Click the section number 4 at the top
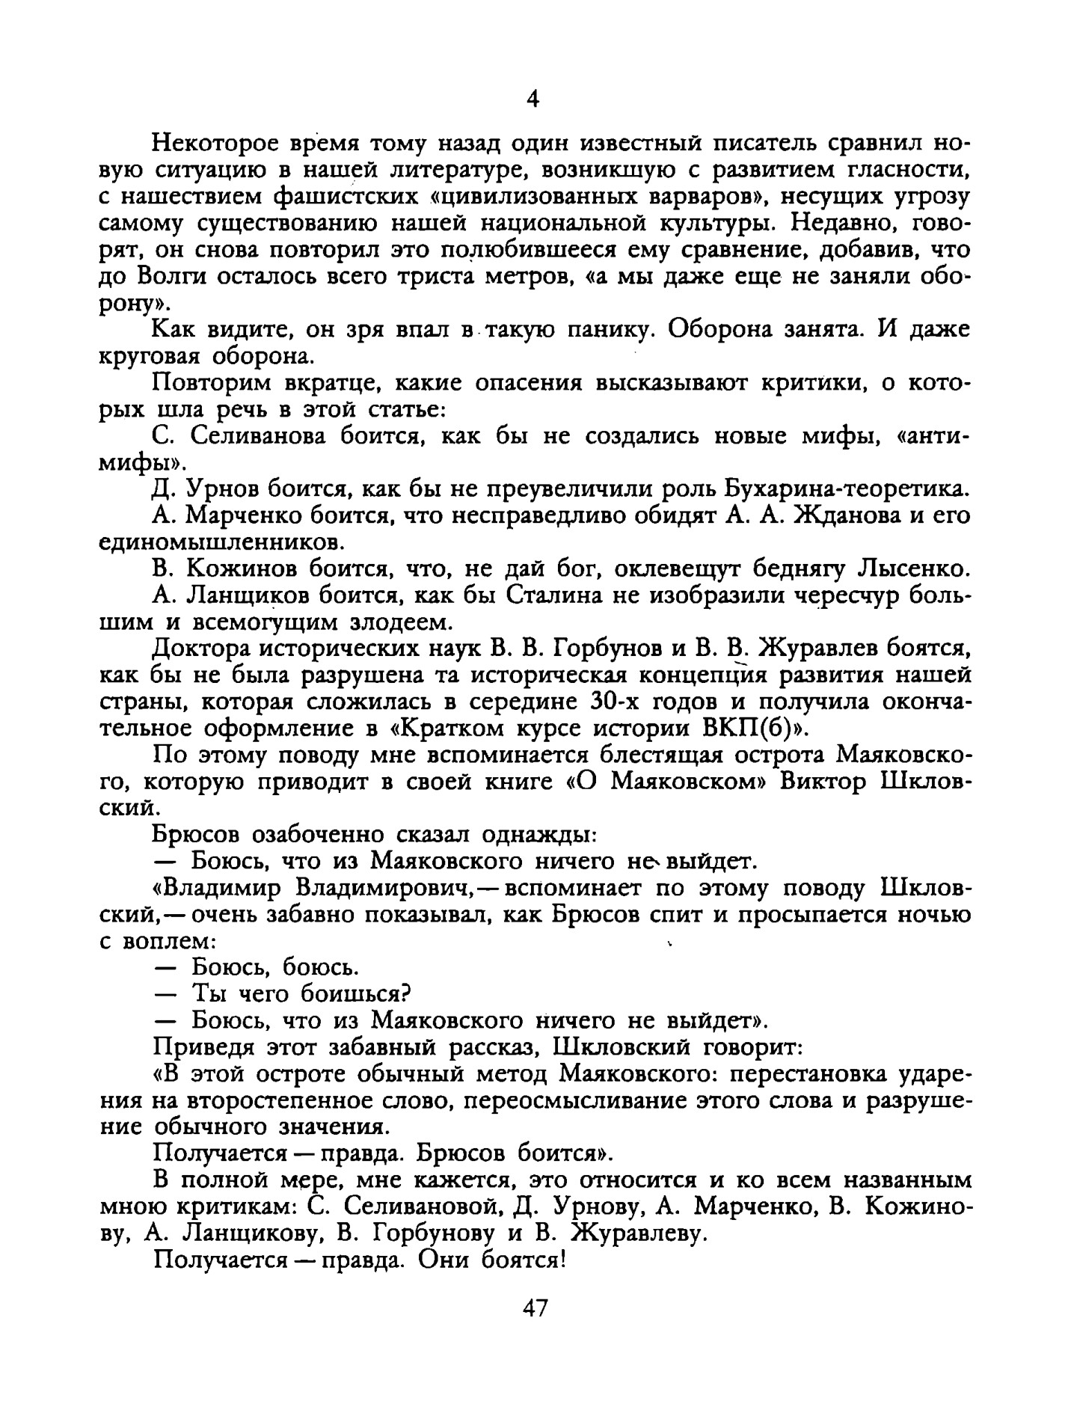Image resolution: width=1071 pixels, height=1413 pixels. tap(533, 99)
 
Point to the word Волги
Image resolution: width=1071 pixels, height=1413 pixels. tap(172, 277)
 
